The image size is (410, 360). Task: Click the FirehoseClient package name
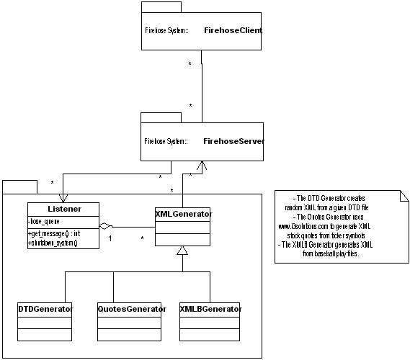click(233, 32)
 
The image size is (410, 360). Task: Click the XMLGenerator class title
click(183, 213)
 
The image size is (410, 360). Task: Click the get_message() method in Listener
click(52, 235)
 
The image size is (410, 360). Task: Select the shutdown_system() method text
click(53, 243)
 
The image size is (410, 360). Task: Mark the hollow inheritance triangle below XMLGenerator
click(183, 251)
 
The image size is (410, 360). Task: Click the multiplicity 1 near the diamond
click(110, 238)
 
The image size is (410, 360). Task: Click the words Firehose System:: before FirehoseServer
click(167, 141)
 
